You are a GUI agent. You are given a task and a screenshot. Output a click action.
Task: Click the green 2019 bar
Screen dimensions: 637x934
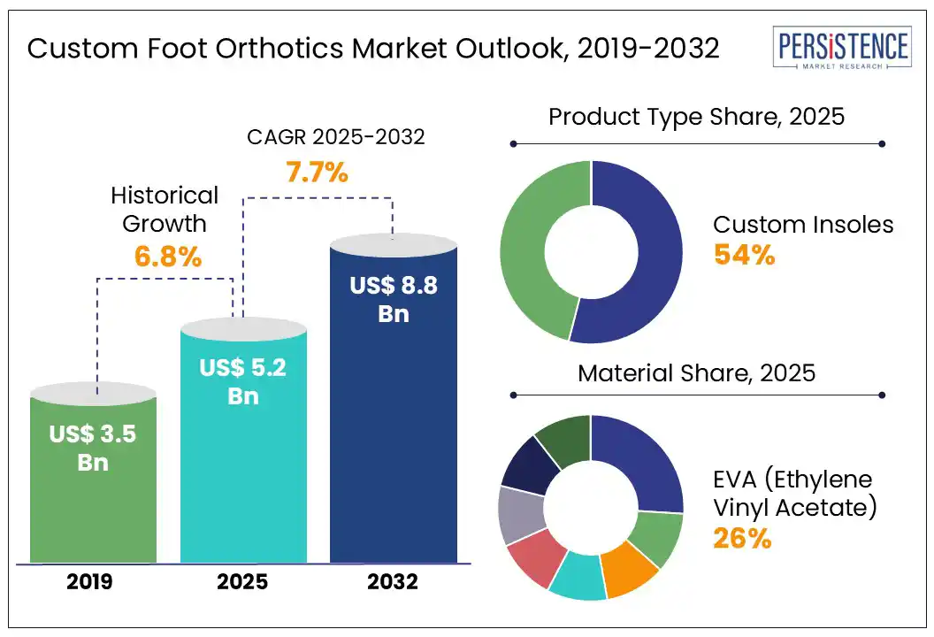pyautogui.click(x=93, y=513)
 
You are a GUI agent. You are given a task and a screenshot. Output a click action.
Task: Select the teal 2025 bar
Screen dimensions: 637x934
pyautogui.click(x=243, y=495)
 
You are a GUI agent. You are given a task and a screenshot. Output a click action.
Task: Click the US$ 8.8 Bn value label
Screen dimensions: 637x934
pyautogui.click(x=394, y=299)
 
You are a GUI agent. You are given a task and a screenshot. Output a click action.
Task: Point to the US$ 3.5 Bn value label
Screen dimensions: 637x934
pyautogui.click(x=93, y=448)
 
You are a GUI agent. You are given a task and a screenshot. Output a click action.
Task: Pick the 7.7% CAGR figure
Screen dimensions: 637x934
pyautogui.click(x=316, y=172)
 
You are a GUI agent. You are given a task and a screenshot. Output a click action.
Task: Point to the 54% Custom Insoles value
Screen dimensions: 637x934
pyautogui.click(x=744, y=256)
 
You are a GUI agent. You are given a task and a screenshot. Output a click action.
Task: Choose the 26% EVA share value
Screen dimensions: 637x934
pyautogui.click(x=744, y=538)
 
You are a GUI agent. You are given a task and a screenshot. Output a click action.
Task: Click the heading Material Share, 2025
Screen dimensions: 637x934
pyautogui.click(x=696, y=372)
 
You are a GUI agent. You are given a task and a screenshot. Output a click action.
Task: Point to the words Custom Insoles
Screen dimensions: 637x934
pyautogui.click(x=803, y=225)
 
